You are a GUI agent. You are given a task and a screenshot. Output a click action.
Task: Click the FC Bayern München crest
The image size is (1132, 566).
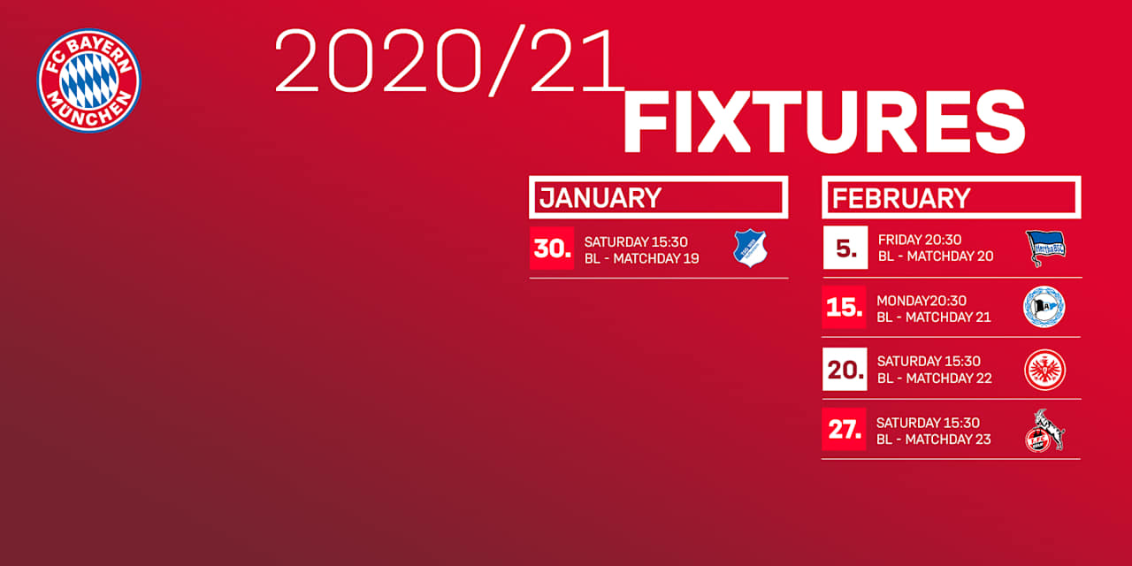click(x=89, y=80)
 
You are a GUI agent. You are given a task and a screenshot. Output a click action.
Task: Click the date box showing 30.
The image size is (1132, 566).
click(x=552, y=249)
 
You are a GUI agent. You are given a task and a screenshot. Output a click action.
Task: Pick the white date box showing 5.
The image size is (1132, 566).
click(x=845, y=247)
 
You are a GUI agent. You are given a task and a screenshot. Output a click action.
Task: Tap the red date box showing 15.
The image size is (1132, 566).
click(x=844, y=307)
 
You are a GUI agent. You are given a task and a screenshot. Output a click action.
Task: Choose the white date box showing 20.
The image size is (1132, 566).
click(x=845, y=369)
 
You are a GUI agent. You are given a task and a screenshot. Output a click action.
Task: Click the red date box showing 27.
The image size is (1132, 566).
click(x=844, y=429)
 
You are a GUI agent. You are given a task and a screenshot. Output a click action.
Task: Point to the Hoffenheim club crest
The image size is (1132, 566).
click(x=751, y=249)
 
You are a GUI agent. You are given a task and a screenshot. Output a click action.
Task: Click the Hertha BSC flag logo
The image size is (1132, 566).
click(x=1045, y=249)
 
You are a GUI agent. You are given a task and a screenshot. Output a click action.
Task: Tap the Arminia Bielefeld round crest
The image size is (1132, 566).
click(x=1044, y=307)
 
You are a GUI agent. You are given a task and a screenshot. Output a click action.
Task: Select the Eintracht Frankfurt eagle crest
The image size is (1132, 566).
click(x=1045, y=370)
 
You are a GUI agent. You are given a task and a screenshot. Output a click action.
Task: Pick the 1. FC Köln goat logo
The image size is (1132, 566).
click(x=1044, y=431)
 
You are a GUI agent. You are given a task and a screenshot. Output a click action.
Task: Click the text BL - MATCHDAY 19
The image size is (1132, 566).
click(x=642, y=259)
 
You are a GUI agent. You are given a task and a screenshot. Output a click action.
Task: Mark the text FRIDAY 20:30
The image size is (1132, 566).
click(x=920, y=240)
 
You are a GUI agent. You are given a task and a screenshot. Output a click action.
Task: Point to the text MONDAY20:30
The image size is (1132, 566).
click(x=922, y=301)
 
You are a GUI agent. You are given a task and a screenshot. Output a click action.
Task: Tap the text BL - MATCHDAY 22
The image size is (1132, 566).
click(x=935, y=378)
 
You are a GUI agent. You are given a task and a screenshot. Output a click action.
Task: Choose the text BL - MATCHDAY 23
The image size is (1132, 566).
click(x=933, y=440)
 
